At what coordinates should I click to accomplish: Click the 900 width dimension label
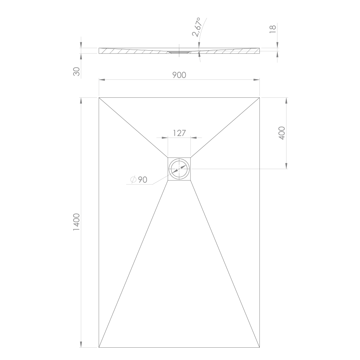click(x=179, y=75)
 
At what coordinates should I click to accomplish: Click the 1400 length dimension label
click(x=76, y=222)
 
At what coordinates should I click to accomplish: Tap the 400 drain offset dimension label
click(x=282, y=133)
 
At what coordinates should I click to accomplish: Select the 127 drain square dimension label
click(x=179, y=133)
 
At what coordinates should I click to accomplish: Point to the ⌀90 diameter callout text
click(x=139, y=180)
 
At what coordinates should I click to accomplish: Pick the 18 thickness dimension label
click(x=272, y=29)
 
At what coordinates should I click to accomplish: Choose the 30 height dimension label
click(x=76, y=71)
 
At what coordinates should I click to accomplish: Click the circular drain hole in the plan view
click(x=179, y=169)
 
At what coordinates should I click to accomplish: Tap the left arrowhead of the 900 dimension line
click(x=102, y=80)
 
